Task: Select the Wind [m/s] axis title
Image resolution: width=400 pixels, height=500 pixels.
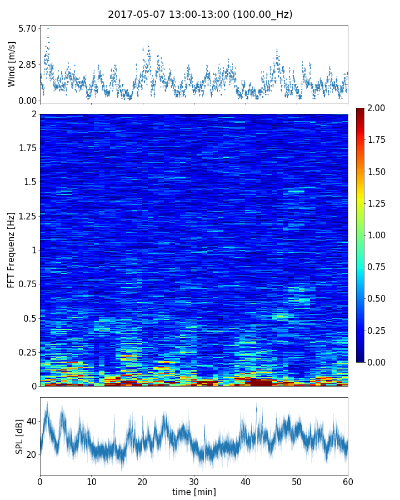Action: point(12,63)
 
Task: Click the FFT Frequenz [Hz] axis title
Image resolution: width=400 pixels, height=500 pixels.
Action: point(12,249)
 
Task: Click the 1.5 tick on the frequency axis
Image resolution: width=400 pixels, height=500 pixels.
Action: point(29,182)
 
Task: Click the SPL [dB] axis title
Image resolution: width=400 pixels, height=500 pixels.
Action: point(20,436)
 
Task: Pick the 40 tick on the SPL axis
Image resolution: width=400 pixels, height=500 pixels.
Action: point(31,421)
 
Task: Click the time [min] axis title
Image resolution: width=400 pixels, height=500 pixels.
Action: point(194,492)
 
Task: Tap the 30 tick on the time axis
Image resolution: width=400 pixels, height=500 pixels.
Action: point(194,481)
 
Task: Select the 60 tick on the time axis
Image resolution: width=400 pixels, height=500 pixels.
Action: point(348,481)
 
